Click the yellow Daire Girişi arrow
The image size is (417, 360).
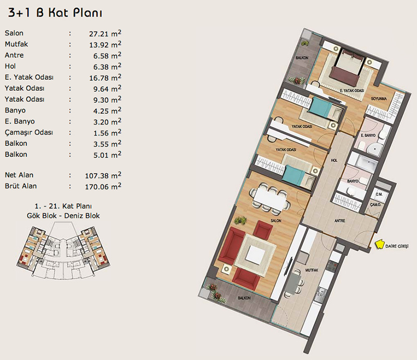coord(380,245)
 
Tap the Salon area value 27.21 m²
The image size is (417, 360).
coord(105,33)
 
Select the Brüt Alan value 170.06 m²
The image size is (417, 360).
coord(103,186)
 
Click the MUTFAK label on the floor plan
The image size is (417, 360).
coord(312,270)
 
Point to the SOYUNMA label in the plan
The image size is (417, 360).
coord(379,99)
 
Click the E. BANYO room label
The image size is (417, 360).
coord(368,135)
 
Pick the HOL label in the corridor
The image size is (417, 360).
coord(334,160)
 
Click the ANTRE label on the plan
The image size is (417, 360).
coord(340,221)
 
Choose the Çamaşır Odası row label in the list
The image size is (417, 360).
coord(29,133)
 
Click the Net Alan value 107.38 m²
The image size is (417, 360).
coord(103,175)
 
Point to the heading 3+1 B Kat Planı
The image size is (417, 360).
coord(55,13)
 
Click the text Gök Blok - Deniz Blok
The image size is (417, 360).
coord(63,215)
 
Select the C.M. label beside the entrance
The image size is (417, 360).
coord(379,195)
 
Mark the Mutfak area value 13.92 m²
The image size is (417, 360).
coord(105,44)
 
